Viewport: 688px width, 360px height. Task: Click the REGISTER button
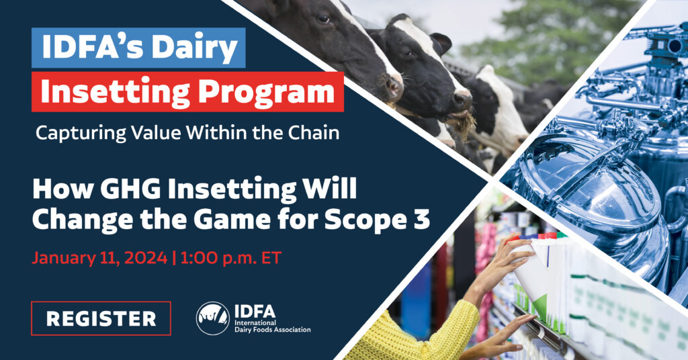[101, 318]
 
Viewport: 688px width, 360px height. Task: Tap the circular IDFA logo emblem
[213, 318]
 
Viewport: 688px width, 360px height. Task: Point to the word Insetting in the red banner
[116, 91]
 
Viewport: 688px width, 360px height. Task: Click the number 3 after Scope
[421, 218]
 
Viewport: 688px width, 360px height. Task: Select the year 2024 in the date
[146, 258]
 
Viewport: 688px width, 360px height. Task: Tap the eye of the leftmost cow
[323, 19]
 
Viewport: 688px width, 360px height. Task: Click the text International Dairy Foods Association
[273, 326]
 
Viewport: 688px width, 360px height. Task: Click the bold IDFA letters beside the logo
[255, 311]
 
